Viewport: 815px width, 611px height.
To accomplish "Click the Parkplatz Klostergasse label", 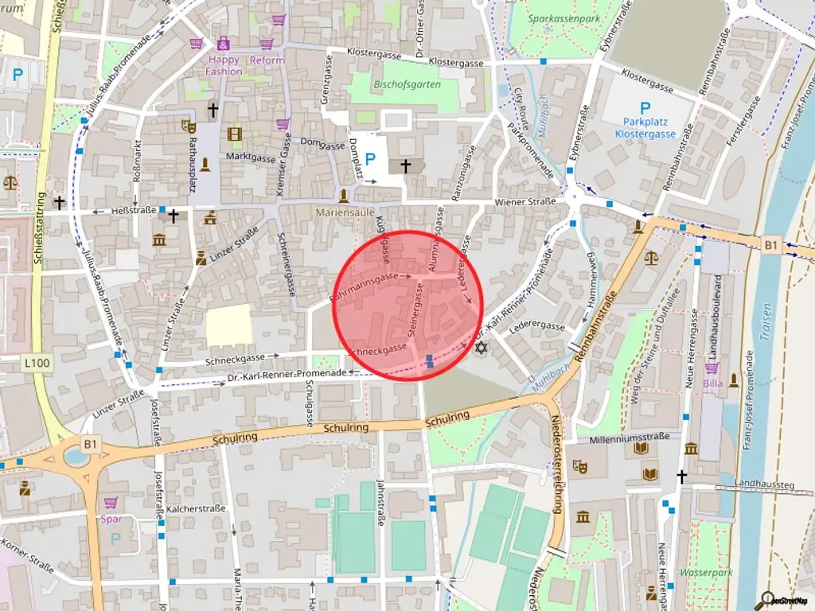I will pos(645,128).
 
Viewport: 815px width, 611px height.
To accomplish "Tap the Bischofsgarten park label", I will pos(407,84).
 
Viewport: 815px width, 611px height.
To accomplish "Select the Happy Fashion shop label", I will pos(224,65).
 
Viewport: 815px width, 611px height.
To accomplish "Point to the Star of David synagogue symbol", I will pos(480,348).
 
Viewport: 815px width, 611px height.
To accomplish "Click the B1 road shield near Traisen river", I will pos(770,246).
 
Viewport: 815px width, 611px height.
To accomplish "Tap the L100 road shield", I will pos(37,364).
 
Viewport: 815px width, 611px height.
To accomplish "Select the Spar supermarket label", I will pos(111,520).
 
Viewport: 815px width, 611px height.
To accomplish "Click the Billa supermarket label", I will pos(713,384).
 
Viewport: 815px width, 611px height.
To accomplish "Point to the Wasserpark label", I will pos(705,572).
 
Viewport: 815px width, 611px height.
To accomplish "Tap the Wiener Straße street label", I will pos(525,202).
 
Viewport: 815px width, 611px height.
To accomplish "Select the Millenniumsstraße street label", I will pos(626,439).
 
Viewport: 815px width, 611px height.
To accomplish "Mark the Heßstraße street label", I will pos(132,211).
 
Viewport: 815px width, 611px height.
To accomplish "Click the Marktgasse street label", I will pos(250,158).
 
